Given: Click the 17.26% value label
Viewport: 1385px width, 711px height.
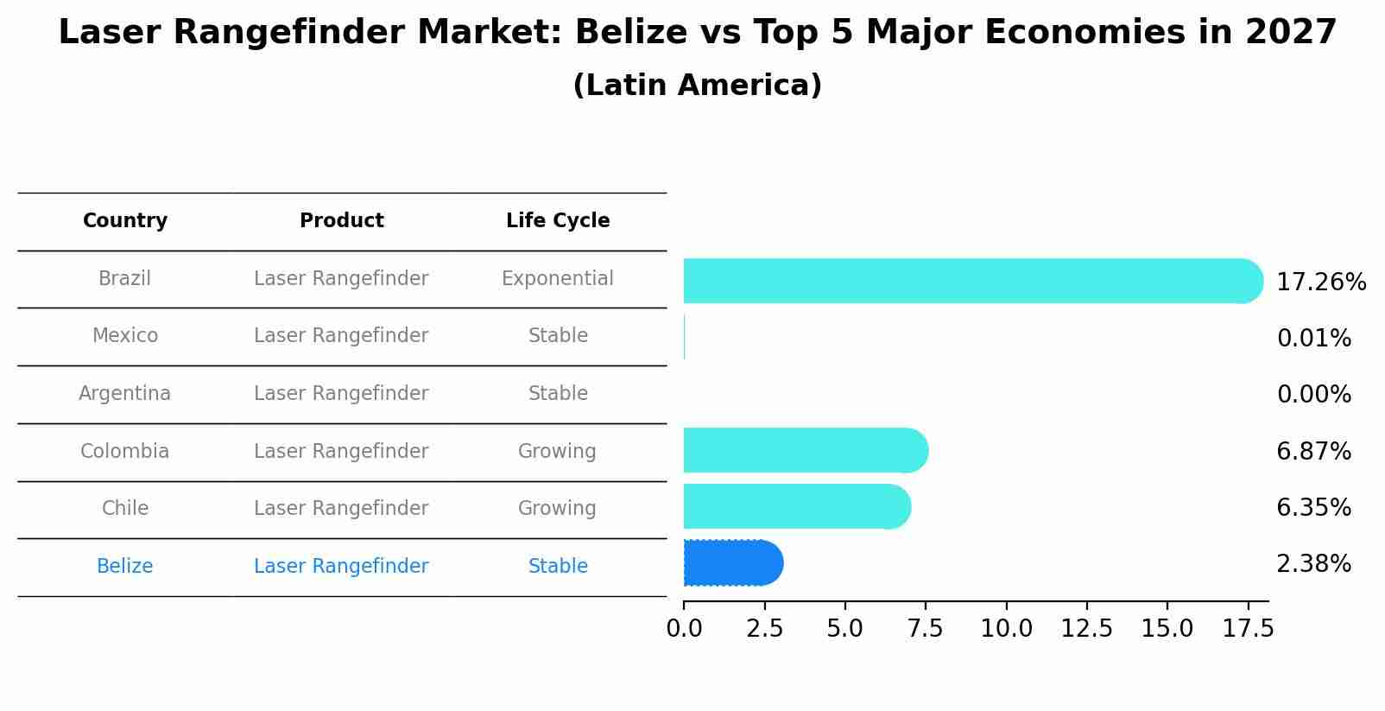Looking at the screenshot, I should [1320, 282].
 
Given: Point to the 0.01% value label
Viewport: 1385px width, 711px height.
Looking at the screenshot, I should [1313, 339].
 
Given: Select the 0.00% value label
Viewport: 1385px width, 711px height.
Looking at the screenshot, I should [1313, 395].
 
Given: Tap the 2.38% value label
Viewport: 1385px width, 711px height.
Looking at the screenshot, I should [1313, 564].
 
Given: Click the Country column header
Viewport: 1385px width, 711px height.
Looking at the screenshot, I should [125, 221].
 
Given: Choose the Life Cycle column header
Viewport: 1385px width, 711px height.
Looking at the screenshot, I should [558, 221].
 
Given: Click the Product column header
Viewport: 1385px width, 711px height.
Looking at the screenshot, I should [341, 221].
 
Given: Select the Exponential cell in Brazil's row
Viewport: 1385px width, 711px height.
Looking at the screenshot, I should [557, 279].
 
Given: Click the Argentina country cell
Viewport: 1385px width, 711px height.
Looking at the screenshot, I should [125, 394].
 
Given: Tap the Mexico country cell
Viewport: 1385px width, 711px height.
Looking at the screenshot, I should [125, 336].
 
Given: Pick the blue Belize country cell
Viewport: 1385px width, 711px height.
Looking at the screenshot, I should [125, 567].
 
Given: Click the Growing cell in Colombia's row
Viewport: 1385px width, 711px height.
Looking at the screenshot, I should [557, 452].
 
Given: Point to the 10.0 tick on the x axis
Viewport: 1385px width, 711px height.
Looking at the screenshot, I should [1006, 629].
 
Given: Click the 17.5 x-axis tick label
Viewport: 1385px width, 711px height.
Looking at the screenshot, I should [1248, 629].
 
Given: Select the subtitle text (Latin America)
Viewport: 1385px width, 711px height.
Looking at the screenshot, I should [697, 86].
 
